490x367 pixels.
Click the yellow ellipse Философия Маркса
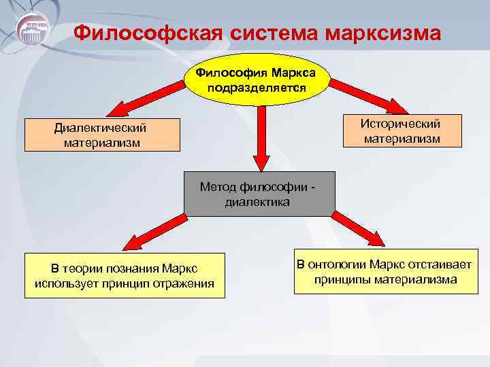[x=257, y=80]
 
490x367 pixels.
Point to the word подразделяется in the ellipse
[x=257, y=88]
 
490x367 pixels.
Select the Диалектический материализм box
[x=102, y=135]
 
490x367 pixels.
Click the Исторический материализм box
[x=401, y=131]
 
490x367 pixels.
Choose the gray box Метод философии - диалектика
[x=259, y=194]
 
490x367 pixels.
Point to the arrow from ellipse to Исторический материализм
[x=367, y=95]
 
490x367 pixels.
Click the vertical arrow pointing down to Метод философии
[x=259, y=139]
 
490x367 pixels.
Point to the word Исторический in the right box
[x=401, y=124]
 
